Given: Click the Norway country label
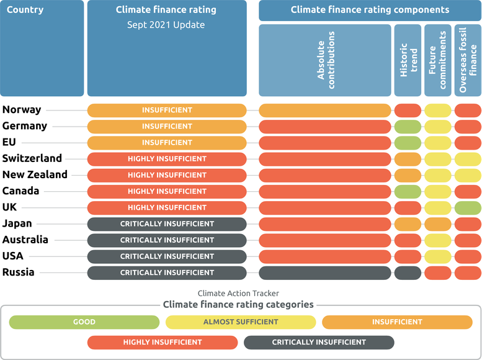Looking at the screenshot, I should tap(22, 110).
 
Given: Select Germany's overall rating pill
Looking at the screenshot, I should tap(167, 127).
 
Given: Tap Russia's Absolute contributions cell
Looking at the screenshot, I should tap(324, 272).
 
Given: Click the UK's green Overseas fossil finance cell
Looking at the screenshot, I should tap(468, 207).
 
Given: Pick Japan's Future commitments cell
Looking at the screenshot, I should tap(437, 224).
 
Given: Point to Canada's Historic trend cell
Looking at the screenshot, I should tap(408, 191).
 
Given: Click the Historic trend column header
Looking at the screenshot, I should tap(408, 60).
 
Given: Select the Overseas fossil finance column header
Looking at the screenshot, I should tap(468, 60).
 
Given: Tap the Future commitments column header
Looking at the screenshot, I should tap(437, 60).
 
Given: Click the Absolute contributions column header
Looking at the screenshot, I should tap(324, 60).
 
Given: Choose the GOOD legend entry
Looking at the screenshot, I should tap(84, 322).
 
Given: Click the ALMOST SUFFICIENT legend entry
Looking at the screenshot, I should tap(241, 322).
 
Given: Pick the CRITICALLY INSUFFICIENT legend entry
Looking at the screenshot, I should tap(319, 342).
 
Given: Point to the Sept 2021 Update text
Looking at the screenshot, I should tap(166, 25).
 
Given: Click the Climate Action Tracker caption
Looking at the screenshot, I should tap(238, 293).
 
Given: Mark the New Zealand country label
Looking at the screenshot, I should tap(35, 175).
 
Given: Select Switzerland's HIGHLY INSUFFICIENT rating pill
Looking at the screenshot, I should tap(167, 159).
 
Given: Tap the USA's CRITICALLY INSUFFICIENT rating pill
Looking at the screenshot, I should tap(167, 256).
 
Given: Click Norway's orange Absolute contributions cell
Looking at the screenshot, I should tap(324, 110).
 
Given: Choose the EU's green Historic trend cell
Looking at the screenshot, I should tap(408, 143).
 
